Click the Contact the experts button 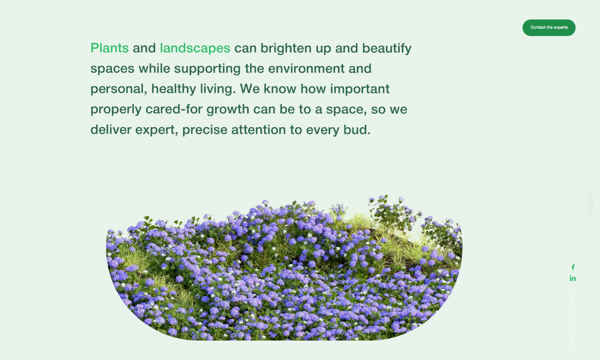click(548, 27)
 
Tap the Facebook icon click(573, 267)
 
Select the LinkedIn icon click(573, 278)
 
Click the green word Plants click(109, 48)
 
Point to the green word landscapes click(195, 48)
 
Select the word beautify click(386, 48)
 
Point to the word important click(359, 89)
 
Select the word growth click(227, 109)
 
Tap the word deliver click(110, 130)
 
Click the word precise click(204, 130)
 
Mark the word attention click(259, 130)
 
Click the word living click(217, 89)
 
